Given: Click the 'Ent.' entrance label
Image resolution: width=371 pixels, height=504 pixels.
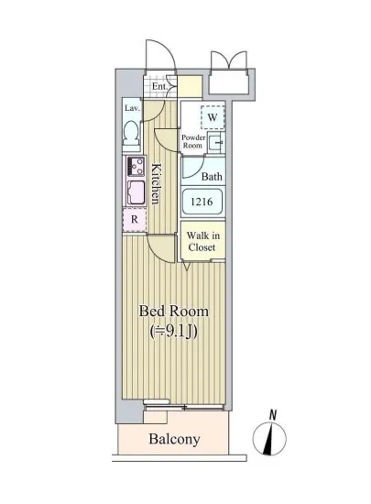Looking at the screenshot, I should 158,87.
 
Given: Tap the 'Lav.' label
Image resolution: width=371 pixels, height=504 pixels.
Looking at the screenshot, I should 131,108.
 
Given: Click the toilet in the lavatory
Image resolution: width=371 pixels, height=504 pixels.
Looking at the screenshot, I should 132,134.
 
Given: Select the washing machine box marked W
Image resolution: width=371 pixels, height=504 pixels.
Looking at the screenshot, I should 212,117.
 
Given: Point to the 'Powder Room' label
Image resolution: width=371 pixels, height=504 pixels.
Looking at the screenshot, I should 192,142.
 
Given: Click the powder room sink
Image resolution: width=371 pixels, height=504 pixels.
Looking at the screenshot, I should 215,142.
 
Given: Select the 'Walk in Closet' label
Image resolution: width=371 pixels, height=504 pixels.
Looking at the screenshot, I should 202,240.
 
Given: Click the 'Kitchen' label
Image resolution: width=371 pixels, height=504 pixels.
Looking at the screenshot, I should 157,183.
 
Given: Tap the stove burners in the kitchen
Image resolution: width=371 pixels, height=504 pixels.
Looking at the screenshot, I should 136,167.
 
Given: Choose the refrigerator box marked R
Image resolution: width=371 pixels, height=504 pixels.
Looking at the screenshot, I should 134,220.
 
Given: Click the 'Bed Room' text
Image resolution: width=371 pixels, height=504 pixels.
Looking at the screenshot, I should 173,312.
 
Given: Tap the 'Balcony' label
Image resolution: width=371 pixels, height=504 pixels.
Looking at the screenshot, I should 174,439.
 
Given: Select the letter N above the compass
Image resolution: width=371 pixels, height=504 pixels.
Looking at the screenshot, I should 272,415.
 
